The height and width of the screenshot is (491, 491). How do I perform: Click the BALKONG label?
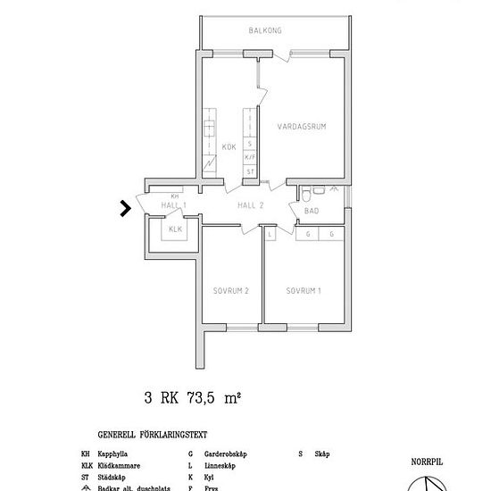click(x=265, y=31)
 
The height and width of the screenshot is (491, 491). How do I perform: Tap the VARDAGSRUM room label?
click(x=301, y=126)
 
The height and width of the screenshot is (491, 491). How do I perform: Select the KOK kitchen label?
click(x=229, y=147)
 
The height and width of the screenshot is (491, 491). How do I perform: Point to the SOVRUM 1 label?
click(x=304, y=291)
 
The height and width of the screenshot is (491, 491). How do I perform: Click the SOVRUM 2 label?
click(x=230, y=291)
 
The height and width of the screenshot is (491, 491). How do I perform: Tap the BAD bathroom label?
click(x=312, y=212)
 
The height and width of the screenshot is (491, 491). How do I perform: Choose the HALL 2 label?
click(x=251, y=205)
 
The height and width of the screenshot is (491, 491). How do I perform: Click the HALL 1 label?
click(x=173, y=205)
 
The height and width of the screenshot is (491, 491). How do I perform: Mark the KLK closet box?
click(x=175, y=229)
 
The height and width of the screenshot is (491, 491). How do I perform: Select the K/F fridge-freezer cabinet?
click(x=250, y=157)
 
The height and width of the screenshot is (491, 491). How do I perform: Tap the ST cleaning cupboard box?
click(x=250, y=171)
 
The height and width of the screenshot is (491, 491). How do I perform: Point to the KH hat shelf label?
click(x=175, y=195)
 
